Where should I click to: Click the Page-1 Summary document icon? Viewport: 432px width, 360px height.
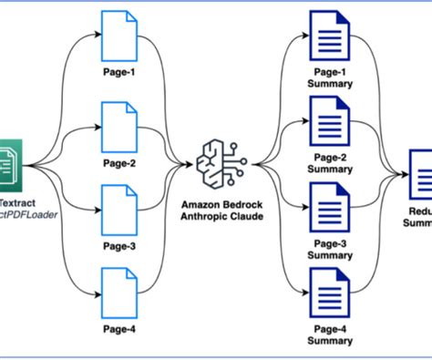click(327, 36)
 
